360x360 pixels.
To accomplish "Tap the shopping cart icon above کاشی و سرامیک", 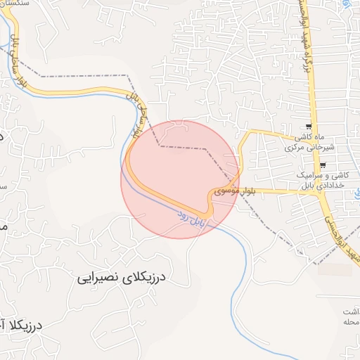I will [323, 165].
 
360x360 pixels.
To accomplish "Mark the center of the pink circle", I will [180, 179].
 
